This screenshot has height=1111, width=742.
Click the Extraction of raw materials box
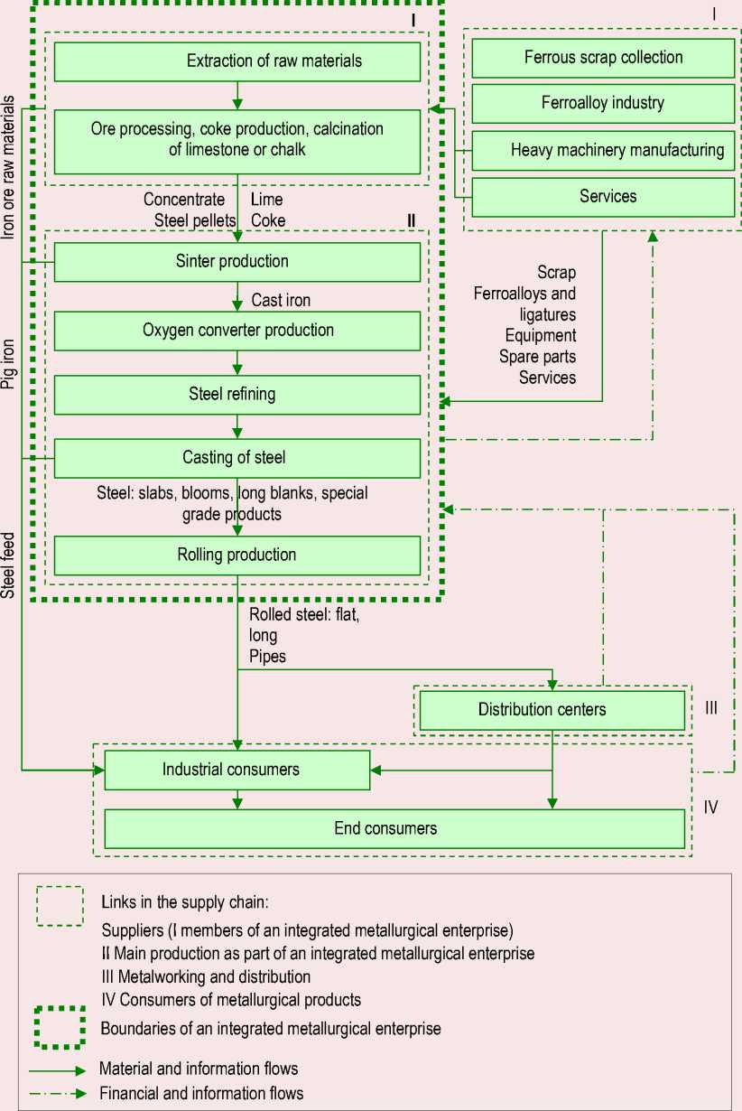237,61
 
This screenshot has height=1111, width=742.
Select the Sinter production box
237,262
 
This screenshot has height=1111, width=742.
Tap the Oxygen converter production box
237,331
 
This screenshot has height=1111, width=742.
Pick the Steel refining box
237,395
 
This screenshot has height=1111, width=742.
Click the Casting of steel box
237,458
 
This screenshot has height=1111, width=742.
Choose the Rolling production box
237,555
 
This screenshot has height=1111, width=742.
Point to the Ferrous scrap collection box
603,58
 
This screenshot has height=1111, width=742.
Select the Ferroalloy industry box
603,103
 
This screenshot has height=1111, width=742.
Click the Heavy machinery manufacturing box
603,150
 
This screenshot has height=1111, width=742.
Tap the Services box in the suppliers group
603,196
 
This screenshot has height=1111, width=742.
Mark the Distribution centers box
552,710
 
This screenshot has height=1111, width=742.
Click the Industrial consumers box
237,770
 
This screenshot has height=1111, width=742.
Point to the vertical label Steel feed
9,565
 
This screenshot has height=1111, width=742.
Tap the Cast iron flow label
280,300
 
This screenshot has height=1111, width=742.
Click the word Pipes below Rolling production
268,657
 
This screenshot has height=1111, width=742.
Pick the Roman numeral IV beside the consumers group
711,807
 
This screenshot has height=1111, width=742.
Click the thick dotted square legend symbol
60,1029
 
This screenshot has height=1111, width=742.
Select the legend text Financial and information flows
202,1093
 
